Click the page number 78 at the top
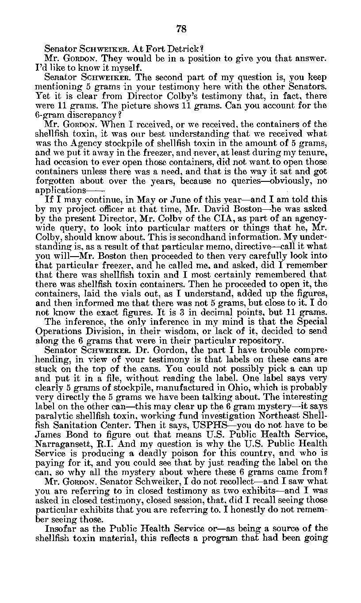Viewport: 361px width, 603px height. (181, 29)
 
